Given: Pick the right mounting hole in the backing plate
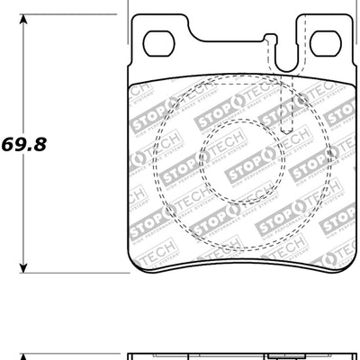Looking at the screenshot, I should click(x=329, y=42).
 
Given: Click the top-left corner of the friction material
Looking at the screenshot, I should click(x=132, y=81).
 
